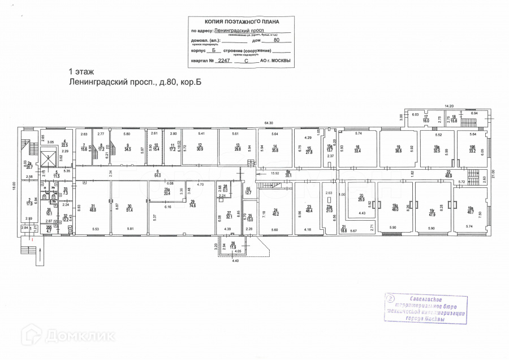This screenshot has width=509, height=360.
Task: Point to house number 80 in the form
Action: (276, 40)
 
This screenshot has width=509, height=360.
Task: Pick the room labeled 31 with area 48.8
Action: (93, 207)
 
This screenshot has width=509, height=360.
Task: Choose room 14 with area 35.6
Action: (275, 148)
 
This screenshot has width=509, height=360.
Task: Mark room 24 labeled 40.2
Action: (275, 212)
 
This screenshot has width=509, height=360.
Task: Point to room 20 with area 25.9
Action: (361, 199)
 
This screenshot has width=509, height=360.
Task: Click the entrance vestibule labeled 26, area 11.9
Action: (233, 246)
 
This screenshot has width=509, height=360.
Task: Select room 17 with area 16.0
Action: (426, 119)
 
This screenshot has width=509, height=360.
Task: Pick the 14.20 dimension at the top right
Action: (450, 105)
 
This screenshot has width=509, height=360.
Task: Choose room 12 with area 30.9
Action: (200, 148)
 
